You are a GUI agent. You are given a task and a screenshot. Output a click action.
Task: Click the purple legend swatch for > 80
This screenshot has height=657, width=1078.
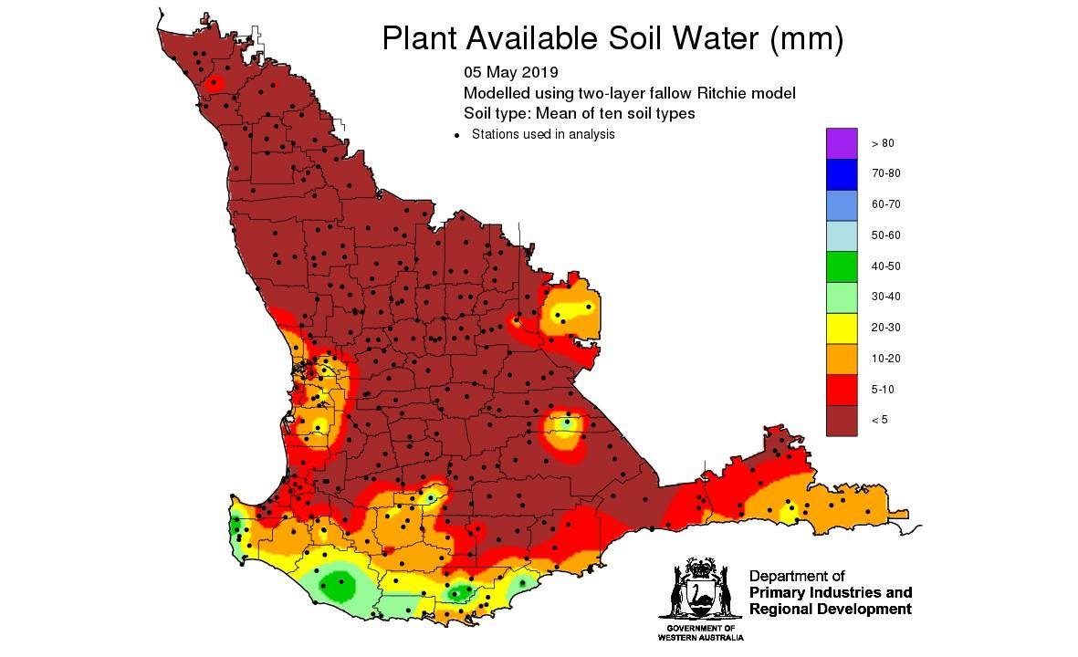tap(842, 143)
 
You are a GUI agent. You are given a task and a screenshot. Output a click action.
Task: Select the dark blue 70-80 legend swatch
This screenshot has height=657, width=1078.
tap(842, 173)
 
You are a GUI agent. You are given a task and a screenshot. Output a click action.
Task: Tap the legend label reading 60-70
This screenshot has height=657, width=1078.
tap(884, 204)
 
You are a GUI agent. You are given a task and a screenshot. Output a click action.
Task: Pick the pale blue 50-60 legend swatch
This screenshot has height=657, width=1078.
tap(842, 235)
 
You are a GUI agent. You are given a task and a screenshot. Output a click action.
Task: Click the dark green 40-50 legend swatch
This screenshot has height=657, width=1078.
tap(842, 266)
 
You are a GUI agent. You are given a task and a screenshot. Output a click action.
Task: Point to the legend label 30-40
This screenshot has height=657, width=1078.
tap(884, 297)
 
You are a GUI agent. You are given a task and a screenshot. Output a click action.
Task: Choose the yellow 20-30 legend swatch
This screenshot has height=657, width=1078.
tap(842, 328)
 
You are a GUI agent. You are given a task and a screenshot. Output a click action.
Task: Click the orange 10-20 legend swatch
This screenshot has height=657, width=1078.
tap(842, 359)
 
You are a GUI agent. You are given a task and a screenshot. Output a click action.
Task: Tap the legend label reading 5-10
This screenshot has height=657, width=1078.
tap(882, 389)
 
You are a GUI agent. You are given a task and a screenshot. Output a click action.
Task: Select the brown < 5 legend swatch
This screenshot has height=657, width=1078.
tap(842, 420)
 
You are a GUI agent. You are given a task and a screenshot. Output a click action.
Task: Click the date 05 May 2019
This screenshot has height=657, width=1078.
tap(510, 72)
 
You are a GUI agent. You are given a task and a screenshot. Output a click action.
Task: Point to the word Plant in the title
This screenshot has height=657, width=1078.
tap(419, 38)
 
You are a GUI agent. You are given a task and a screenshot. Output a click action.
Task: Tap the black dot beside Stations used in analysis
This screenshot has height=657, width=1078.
tap(456, 135)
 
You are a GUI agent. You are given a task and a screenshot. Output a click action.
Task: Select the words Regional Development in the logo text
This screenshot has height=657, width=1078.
tap(830, 610)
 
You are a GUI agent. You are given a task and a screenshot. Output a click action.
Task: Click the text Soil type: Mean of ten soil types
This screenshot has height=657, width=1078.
tap(579, 114)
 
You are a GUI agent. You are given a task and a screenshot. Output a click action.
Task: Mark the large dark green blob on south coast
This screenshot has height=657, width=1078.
tap(338, 583)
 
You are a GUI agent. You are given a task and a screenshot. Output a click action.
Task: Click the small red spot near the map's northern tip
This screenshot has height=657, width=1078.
tap(214, 84)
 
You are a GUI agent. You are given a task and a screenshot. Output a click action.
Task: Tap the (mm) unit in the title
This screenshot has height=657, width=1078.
tap(807, 38)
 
